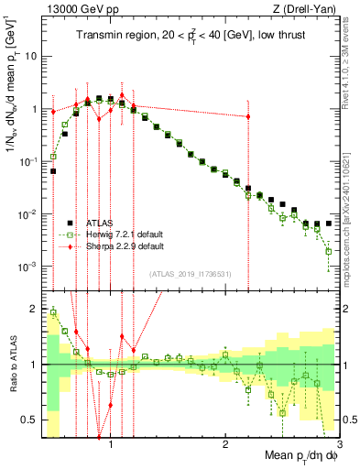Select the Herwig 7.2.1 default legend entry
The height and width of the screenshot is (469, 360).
pos(115,234)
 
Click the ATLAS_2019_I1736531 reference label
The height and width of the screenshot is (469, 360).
pos(191,273)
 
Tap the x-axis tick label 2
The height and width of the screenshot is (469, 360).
pos(225,443)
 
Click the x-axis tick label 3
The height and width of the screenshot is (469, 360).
pos(339,443)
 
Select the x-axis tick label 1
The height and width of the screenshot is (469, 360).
pos(111,443)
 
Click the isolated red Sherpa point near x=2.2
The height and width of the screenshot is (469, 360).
pos(248,116)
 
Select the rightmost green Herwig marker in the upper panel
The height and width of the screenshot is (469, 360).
pos(328,250)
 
